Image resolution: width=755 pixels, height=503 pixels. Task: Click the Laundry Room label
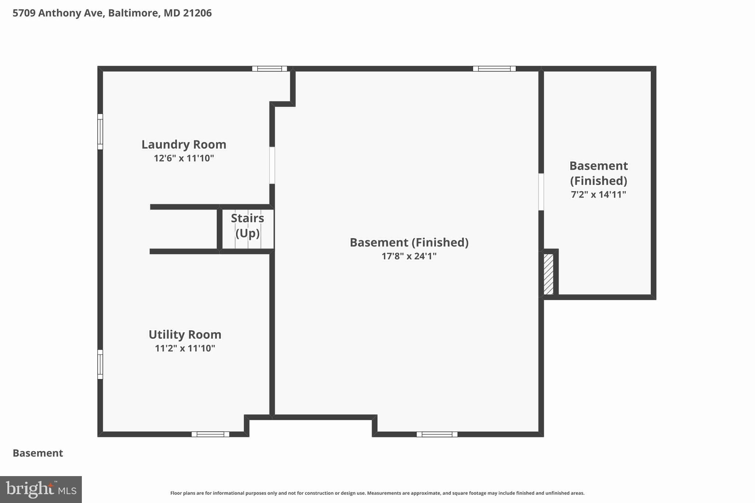[x=184, y=144]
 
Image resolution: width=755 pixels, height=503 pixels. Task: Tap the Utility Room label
[x=185, y=335]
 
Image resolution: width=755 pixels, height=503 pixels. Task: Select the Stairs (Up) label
[x=247, y=226]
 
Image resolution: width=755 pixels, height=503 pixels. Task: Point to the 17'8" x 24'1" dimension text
[x=409, y=256]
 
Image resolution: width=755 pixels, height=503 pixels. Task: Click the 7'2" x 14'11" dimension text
[x=598, y=195]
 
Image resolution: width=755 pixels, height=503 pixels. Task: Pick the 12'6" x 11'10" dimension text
[x=184, y=158]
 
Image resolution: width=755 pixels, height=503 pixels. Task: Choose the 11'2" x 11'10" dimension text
[x=185, y=348]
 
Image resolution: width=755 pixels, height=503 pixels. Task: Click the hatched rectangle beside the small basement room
[x=549, y=274]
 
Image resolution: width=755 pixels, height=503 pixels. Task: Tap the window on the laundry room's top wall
[x=269, y=69]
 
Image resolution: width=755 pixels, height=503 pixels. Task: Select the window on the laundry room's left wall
[x=100, y=132]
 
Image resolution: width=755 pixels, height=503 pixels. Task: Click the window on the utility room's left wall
[x=100, y=364]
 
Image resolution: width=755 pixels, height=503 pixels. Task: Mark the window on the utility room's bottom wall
[x=210, y=434]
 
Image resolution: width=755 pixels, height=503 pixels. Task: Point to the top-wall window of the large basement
[x=494, y=69]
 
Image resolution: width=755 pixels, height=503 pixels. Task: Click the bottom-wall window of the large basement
[x=437, y=434]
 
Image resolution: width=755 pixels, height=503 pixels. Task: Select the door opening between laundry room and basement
[x=272, y=165]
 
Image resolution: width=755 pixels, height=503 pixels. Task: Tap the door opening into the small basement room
[x=541, y=192]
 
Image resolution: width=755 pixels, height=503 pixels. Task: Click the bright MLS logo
[x=41, y=489]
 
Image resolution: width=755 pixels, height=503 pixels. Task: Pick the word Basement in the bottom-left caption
[x=38, y=453]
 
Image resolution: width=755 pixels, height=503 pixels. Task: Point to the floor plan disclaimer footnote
[x=377, y=493]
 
